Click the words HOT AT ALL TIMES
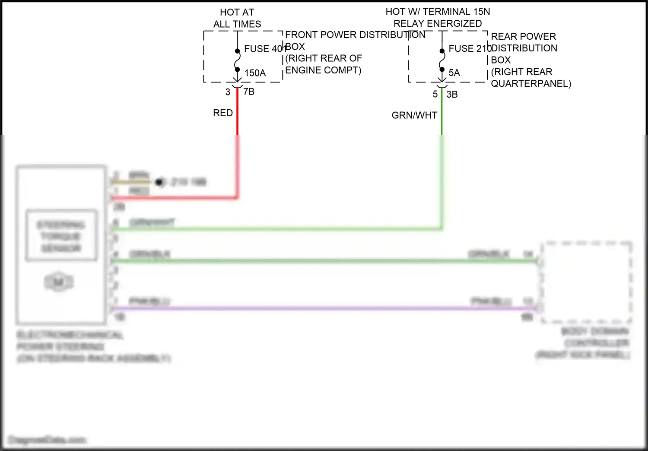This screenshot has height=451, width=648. [x=237, y=18]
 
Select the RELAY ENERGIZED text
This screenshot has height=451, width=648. [x=438, y=23]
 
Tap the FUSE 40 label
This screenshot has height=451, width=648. [x=263, y=49]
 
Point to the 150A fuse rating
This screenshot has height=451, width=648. [x=255, y=73]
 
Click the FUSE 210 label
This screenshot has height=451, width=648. [x=469, y=48]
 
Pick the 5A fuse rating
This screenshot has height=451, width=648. [x=454, y=73]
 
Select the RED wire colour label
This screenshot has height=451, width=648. [x=223, y=113]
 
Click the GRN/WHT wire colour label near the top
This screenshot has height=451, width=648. [x=414, y=115]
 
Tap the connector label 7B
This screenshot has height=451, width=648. [x=249, y=92]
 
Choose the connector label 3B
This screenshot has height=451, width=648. [x=452, y=94]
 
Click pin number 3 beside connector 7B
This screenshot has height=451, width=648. [x=228, y=92]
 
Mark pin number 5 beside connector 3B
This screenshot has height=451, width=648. [x=435, y=94]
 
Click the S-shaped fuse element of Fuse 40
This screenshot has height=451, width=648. [x=237, y=60]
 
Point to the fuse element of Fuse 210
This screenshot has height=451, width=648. [x=442, y=60]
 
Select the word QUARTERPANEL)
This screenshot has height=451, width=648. [x=531, y=83]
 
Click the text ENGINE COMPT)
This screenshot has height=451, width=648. [x=323, y=70]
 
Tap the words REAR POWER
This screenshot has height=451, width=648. [x=523, y=36]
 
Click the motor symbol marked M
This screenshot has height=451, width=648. [x=59, y=283]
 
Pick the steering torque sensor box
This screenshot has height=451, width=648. [x=61, y=236]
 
